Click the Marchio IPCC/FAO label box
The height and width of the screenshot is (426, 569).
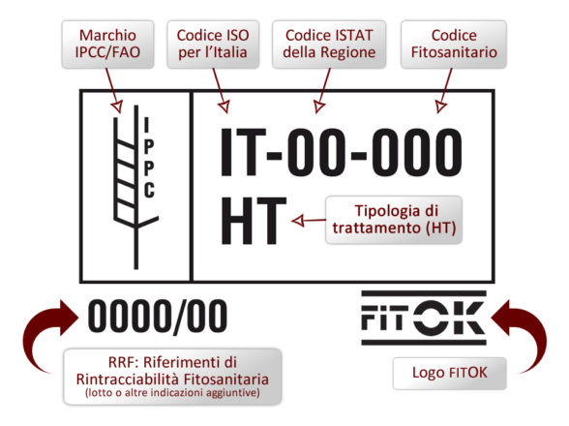(x=107, y=44)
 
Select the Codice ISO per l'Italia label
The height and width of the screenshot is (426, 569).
(x=213, y=44)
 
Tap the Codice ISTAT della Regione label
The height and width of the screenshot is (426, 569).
(x=329, y=44)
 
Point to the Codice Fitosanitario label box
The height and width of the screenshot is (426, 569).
(x=454, y=44)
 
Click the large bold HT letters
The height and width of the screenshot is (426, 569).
(x=254, y=221)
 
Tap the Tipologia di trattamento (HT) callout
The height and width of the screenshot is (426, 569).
(x=394, y=220)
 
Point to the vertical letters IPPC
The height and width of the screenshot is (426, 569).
(x=149, y=157)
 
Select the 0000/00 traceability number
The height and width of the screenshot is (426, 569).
(x=158, y=316)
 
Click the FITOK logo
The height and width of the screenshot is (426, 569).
(x=424, y=318)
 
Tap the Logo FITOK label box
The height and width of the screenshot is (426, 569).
(x=450, y=374)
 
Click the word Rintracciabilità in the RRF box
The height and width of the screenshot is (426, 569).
(x=128, y=380)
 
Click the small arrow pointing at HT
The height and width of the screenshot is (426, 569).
(x=309, y=220)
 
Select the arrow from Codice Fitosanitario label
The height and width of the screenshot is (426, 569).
(x=445, y=90)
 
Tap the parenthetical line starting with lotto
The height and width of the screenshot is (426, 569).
(x=172, y=392)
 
